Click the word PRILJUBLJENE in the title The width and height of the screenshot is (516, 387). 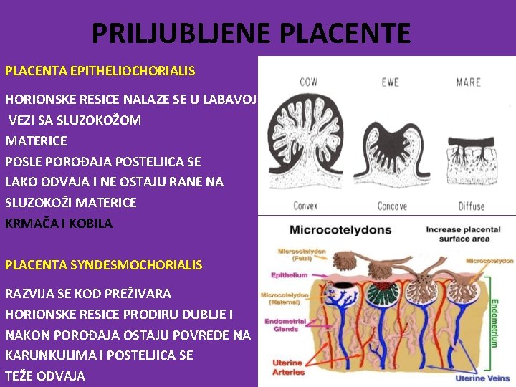click(180, 33)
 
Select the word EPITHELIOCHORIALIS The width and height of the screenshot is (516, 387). click(134, 72)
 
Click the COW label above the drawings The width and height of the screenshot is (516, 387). click(309, 82)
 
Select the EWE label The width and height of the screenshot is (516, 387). click(390, 82)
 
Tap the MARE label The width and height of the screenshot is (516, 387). click(468, 82)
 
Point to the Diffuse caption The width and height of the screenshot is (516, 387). click(472, 206)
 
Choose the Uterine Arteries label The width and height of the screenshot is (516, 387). click(288, 368)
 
